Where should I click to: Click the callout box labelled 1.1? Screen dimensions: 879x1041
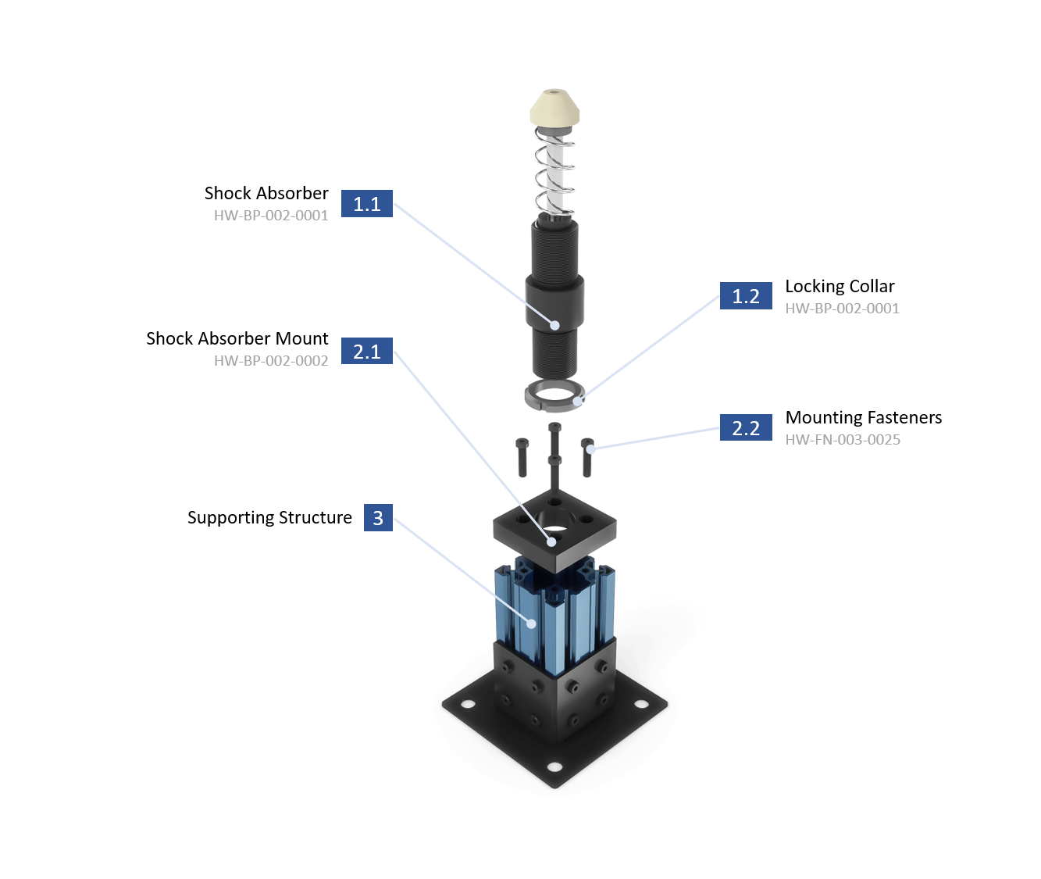[367, 204]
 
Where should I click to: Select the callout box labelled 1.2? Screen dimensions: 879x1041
[746, 296]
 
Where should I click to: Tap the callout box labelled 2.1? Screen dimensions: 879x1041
[367, 352]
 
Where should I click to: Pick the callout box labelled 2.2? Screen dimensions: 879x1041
[746, 427]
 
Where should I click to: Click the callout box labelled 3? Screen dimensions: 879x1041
[378, 517]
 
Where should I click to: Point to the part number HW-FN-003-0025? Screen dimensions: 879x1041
[843, 440]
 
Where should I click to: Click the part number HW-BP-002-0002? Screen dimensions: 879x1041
[271, 361]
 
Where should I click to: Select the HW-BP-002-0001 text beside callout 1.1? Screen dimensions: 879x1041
[271, 216]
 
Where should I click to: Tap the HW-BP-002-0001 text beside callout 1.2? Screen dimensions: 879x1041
[843, 309]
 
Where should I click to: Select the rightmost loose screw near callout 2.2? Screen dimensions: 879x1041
[587, 457]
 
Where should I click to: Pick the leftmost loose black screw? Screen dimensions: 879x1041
[522, 458]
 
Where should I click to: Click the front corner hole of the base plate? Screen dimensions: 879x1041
[554, 766]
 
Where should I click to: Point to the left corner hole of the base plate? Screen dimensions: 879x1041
[468, 704]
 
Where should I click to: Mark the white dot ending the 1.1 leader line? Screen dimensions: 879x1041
[555, 325]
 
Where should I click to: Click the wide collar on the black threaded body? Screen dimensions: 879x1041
[554, 301]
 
